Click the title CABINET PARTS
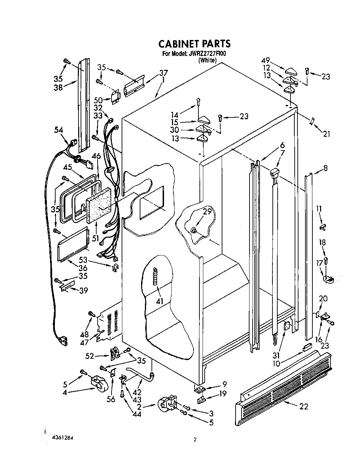pyautogui.click(x=194, y=44)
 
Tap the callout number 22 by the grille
pyautogui.click(x=303, y=406)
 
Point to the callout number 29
pyautogui.click(x=207, y=211)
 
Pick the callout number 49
pyautogui.click(x=266, y=60)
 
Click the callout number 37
pyautogui.click(x=163, y=73)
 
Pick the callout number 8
pyautogui.click(x=325, y=168)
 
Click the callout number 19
pyautogui.click(x=222, y=393)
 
